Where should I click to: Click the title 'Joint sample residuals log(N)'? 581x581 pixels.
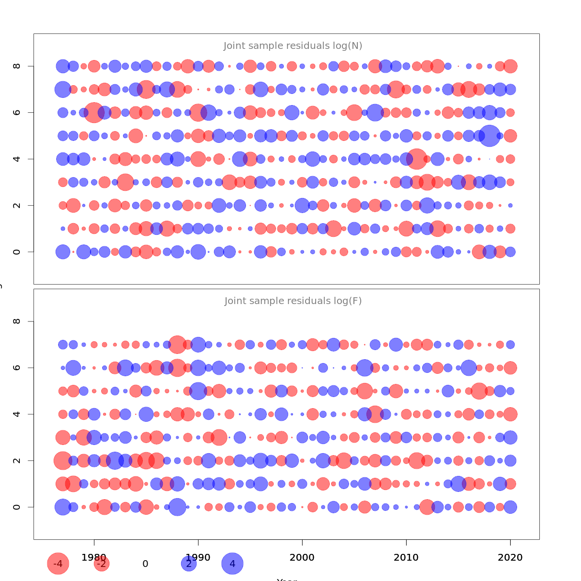click(293, 46)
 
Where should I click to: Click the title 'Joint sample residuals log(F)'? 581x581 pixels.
click(293, 301)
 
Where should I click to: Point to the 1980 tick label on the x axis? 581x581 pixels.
click(94, 557)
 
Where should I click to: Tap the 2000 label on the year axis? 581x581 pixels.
click(302, 557)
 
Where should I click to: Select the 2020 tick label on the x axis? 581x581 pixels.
click(510, 557)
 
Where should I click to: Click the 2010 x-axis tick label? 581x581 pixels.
click(406, 557)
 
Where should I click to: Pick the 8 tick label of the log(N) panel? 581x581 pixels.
click(17, 66)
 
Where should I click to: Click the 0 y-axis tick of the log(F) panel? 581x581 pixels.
click(17, 507)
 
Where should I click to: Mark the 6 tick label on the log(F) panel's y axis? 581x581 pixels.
click(17, 367)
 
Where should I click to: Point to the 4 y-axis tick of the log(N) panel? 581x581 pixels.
click(17, 159)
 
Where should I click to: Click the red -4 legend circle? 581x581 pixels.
click(58, 564)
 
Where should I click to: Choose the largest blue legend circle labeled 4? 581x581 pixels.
click(232, 564)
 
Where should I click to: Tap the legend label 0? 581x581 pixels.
click(145, 564)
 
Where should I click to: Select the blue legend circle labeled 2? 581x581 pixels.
click(189, 564)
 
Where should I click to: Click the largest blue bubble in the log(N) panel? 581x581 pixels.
click(489, 136)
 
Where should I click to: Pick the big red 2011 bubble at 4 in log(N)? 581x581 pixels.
click(416, 159)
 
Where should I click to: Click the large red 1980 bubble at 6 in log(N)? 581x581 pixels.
click(94, 112)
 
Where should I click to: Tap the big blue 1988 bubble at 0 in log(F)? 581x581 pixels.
click(177, 507)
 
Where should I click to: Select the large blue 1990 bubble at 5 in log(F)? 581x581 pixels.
click(198, 391)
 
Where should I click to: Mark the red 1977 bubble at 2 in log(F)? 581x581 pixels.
click(62, 460)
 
